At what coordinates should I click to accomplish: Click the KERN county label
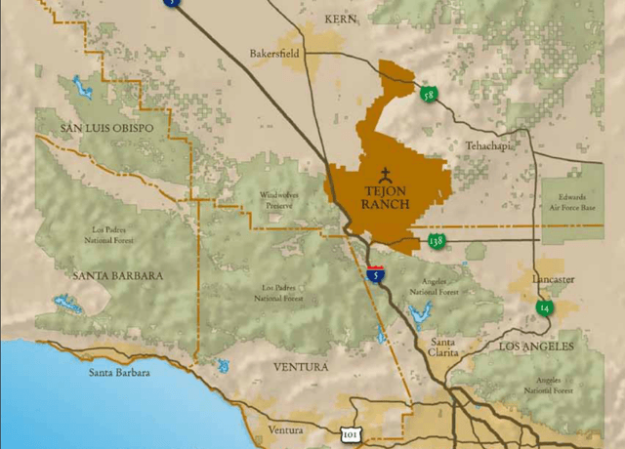(x=340, y=18)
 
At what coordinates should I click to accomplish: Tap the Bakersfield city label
(x=274, y=54)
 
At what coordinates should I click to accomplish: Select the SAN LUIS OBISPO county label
(x=106, y=128)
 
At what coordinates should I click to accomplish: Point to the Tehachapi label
(x=487, y=145)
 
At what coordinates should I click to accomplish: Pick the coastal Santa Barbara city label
(x=119, y=372)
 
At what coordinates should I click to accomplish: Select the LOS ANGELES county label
(x=537, y=347)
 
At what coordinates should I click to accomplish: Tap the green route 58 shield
(x=428, y=95)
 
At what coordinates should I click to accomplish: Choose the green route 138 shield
(x=437, y=240)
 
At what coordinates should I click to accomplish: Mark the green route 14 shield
(x=542, y=307)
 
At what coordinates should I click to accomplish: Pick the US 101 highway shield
(x=350, y=432)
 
